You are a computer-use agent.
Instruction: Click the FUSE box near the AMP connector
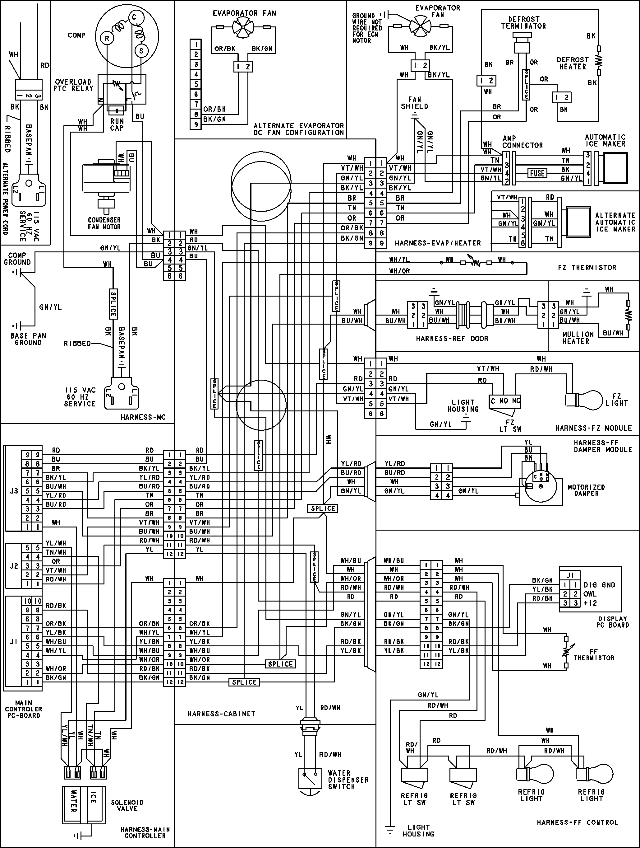point(537,173)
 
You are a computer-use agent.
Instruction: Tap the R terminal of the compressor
point(107,38)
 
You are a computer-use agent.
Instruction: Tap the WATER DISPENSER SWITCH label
point(348,780)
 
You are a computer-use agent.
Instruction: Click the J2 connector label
point(14,566)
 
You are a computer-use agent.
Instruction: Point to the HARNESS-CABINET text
point(221,714)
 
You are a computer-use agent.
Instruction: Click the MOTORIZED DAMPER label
point(586,490)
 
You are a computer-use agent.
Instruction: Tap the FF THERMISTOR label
point(593,655)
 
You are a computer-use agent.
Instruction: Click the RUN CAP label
point(117,124)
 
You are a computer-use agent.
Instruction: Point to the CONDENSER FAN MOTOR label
point(104,223)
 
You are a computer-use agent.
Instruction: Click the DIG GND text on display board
point(599,585)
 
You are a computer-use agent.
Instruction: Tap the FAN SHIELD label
point(414,103)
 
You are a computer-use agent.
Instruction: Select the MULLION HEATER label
point(578,338)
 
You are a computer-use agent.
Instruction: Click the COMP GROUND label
point(17,259)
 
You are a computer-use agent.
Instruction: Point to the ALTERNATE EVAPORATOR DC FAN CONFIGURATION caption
point(299,129)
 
